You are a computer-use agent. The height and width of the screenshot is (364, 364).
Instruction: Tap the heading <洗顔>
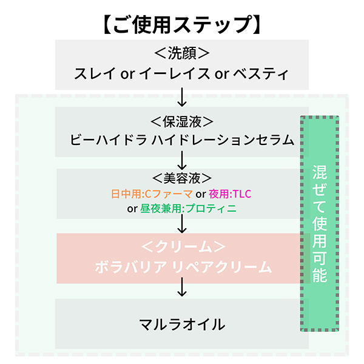click(182, 53)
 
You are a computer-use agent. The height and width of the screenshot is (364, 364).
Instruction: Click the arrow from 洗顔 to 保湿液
click(182, 96)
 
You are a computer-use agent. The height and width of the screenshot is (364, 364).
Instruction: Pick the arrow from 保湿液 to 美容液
click(182, 160)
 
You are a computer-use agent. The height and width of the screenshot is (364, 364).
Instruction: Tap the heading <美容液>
click(182, 178)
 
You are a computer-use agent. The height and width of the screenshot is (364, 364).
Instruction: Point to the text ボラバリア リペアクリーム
click(182, 267)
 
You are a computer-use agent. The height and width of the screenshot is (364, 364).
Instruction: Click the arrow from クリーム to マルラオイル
click(182, 288)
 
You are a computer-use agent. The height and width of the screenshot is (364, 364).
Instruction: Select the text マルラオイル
click(182, 324)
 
